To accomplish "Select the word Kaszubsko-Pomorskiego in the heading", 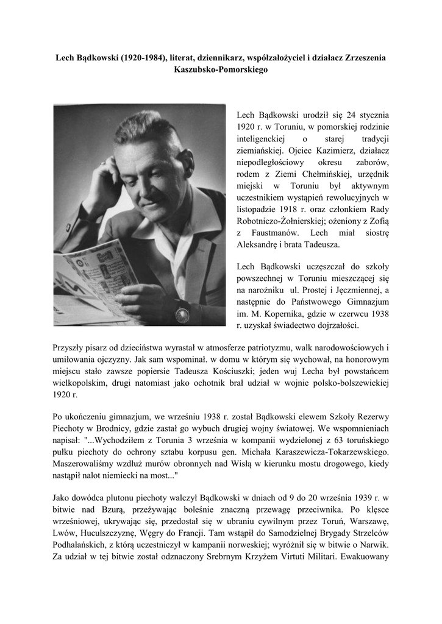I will pyautogui.click(x=221, y=70).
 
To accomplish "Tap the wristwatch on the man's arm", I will pyautogui.click(x=183, y=311).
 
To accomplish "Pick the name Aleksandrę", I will pyautogui.click(x=260, y=244).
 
